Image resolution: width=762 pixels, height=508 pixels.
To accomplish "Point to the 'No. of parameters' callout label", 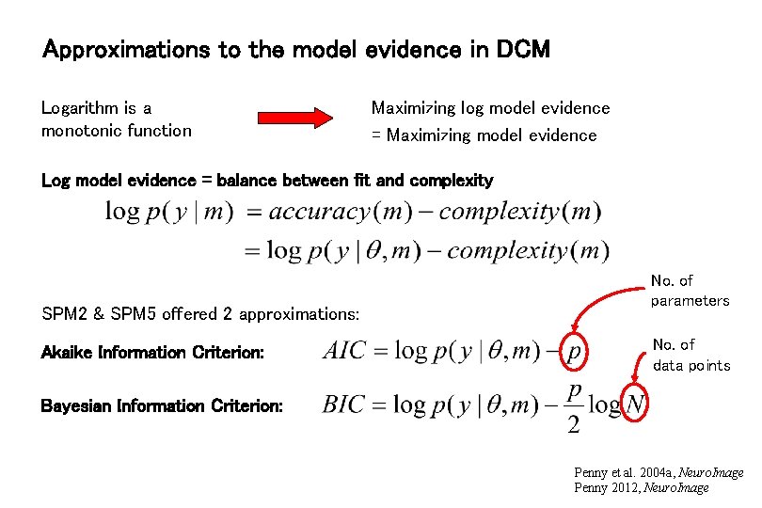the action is [x=690, y=291].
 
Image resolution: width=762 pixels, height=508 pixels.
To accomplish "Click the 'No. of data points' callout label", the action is [x=691, y=355].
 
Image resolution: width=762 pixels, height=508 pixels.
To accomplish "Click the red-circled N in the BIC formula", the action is [x=635, y=405].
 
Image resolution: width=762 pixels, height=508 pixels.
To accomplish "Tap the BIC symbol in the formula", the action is [x=345, y=405].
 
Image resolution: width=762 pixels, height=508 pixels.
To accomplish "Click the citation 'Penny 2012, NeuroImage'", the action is [x=641, y=487].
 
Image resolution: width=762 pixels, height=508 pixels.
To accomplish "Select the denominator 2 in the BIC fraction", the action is [x=573, y=425].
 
